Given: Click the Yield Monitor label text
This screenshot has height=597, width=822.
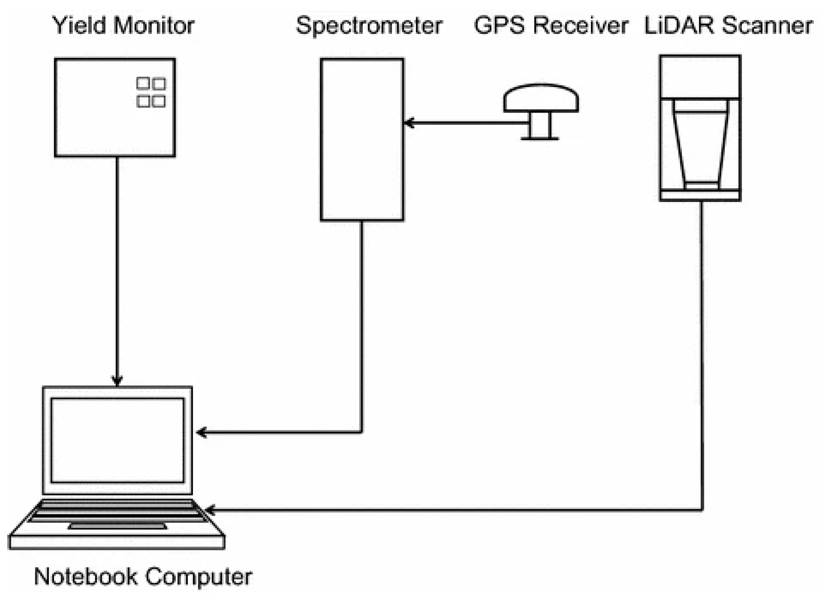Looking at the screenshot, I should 124,25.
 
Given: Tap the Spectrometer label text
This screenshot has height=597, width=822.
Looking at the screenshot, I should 369,25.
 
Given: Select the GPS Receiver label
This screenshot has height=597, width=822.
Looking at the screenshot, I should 551,25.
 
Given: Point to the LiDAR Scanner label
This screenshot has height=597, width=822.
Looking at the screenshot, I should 729,25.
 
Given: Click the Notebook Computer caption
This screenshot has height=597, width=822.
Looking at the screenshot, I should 143,576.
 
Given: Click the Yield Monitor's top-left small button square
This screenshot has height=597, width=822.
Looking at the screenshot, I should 143,83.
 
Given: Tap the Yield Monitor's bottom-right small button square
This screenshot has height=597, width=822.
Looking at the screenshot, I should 159,101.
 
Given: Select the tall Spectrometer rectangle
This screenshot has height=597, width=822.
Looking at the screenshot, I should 362,139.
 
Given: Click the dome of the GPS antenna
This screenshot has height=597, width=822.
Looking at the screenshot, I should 541,98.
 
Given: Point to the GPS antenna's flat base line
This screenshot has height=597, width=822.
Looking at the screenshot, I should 540,139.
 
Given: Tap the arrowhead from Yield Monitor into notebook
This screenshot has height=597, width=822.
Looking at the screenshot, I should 117,382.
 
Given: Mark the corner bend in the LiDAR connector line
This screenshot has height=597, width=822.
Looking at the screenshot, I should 702,509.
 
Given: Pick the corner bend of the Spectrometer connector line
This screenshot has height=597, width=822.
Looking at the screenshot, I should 361,432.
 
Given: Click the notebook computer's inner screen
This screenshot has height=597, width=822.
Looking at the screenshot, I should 117,440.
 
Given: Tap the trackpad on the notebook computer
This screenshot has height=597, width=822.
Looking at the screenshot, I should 117,526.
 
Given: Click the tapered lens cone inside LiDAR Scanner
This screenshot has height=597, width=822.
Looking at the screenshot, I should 701,146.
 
